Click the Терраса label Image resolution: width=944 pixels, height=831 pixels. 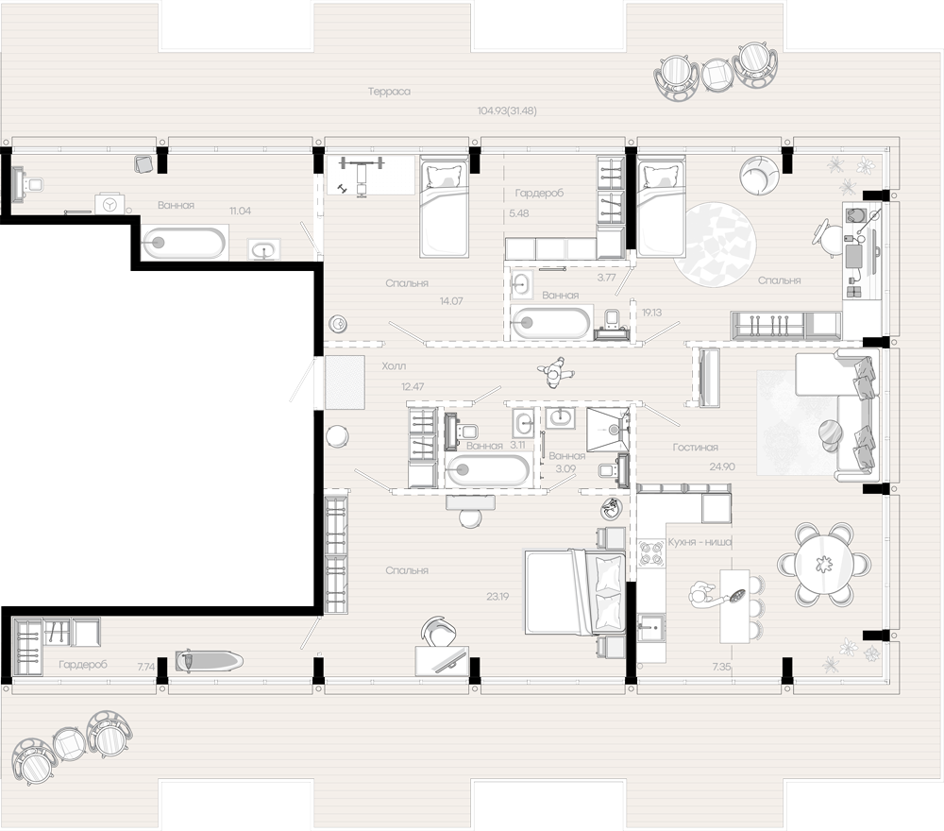pos(391,92)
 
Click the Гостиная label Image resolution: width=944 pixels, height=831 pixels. pos(696,448)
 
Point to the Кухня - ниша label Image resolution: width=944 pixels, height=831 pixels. pos(700,542)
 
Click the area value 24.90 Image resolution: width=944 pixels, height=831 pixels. pos(721,466)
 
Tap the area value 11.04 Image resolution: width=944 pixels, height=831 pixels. pos(240,212)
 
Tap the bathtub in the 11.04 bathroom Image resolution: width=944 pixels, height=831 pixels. pos(184,243)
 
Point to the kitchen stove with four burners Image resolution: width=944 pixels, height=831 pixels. pos(650,551)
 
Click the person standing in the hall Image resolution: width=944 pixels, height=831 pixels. pos(554,374)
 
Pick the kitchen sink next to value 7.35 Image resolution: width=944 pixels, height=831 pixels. pos(650,625)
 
